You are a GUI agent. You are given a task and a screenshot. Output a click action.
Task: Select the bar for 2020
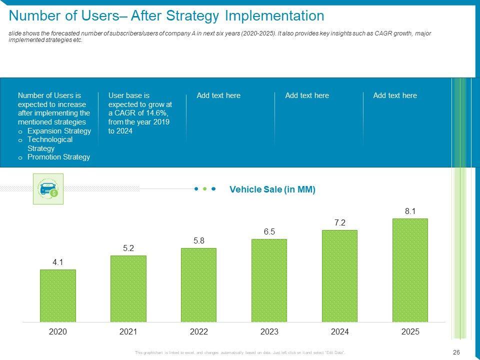(x=58, y=295)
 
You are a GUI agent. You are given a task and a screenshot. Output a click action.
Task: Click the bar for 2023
(x=269, y=280)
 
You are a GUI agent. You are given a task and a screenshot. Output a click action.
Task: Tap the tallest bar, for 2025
(x=410, y=270)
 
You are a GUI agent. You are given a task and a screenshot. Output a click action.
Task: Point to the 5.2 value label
(x=128, y=248)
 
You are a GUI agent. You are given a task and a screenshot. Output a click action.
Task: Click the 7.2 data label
(x=340, y=222)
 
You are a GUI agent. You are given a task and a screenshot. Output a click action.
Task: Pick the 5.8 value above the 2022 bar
(x=199, y=240)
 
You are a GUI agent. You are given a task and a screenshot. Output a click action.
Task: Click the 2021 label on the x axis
(x=128, y=332)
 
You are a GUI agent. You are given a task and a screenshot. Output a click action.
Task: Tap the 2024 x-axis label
(x=340, y=332)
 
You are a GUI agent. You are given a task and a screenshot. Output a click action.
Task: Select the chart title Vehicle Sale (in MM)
(x=272, y=189)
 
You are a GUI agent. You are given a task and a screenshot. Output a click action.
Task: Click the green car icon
(x=48, y=189)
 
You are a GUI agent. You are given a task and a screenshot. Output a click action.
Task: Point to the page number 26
(x=456, y=352)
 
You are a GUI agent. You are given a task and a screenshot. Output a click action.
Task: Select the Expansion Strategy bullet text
(x=59, y=131)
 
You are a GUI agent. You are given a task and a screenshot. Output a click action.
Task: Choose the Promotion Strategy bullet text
(x=58, y=157)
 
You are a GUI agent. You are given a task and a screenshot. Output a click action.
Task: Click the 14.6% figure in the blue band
(x=160, y=113)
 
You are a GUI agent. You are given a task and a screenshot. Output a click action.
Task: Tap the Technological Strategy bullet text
(x=50, y=144)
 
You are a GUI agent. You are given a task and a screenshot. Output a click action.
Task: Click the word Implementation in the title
(x=274, y=16)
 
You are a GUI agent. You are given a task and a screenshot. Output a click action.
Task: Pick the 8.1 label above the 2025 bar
(x=410, y=211)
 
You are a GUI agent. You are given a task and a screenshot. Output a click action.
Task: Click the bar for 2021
(x=128, y=288)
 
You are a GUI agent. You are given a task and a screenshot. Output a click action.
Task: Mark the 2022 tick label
(x=199, y=332)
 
